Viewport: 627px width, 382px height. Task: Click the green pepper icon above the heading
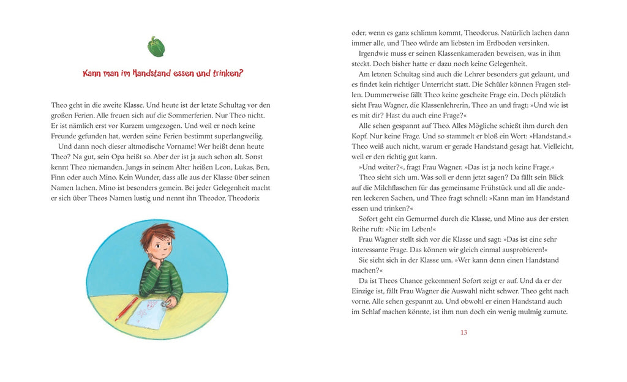(x=156, y=47)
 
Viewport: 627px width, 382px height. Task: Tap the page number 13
(x=464, y=332)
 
